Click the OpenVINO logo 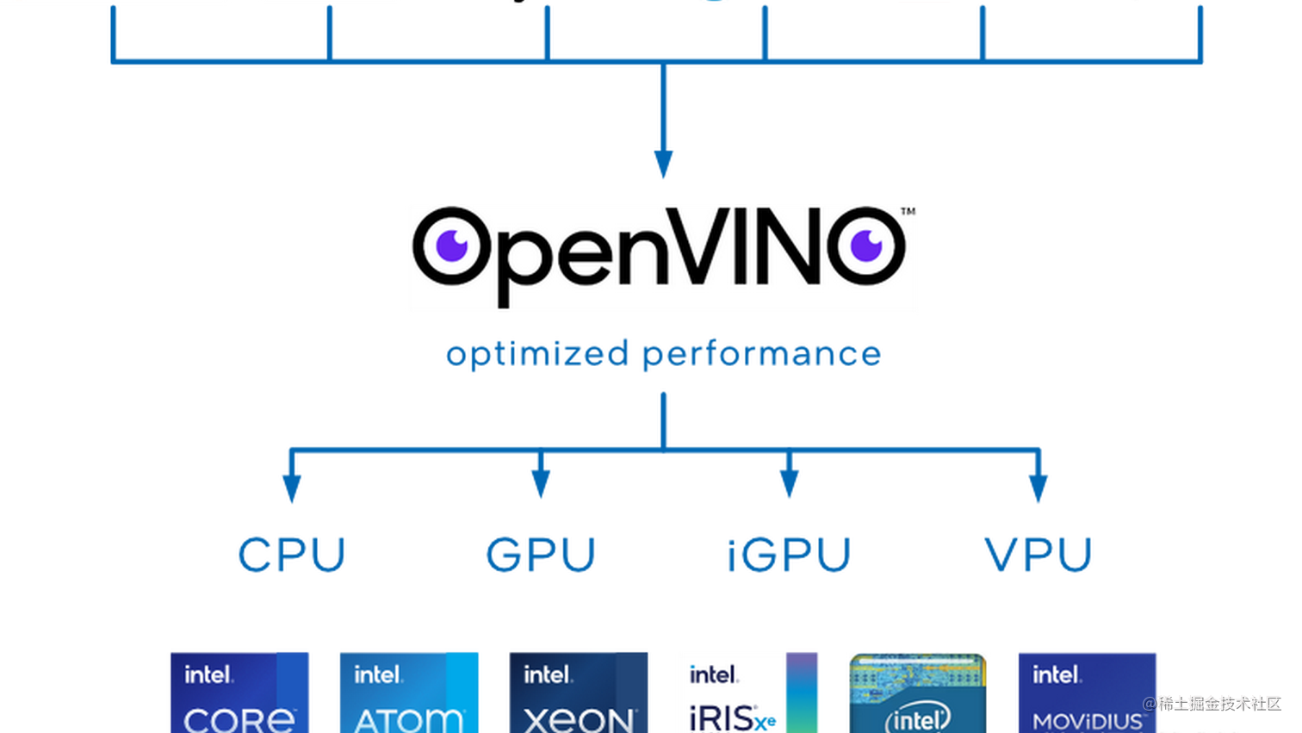coord(662,258)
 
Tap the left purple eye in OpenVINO coord(450,246)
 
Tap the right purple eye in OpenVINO coord(866,245)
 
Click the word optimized coord(536,354)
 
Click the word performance coord(762,354)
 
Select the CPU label coord(291,554)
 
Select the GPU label coord(540,554)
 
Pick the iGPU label coord(789,554)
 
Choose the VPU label coord(1038,554)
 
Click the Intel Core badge coord(239,692)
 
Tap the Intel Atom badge coord(409,692)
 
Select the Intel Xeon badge coord(578,692)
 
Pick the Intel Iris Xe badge coord(747,692)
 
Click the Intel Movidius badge coord(1087,692)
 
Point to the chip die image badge coord(917,692)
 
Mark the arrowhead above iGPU coord(789,484)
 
